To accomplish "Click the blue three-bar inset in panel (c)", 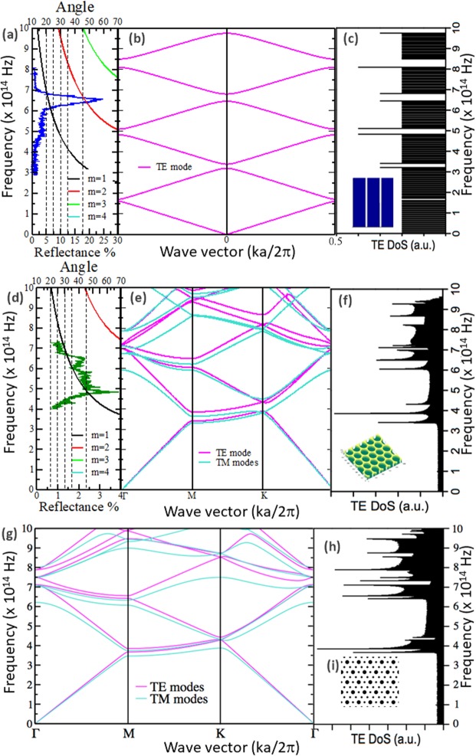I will point(373,202).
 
